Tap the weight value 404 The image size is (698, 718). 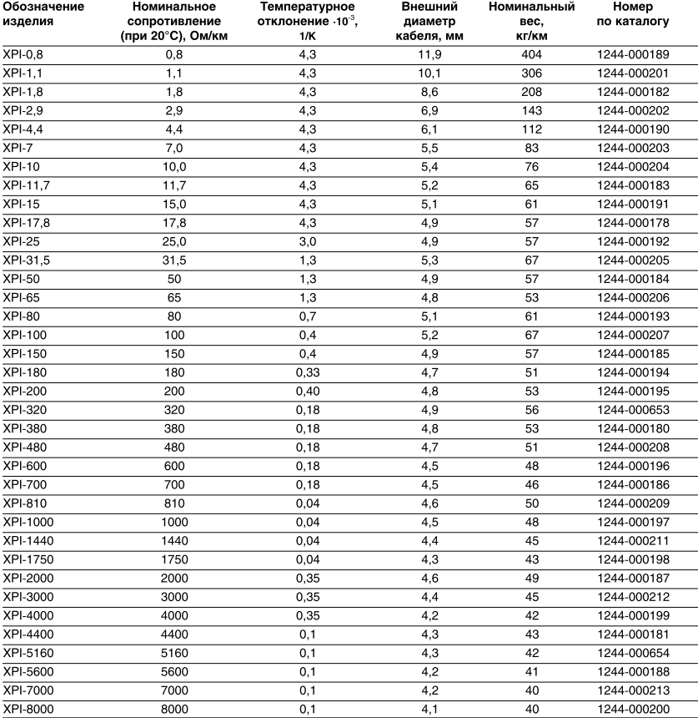[531, 55]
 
